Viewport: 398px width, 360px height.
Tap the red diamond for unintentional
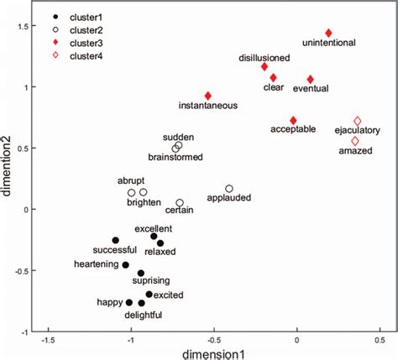(329, 33)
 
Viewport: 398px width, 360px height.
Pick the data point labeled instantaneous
(208, 96)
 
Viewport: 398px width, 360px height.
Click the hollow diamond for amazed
(354, 141)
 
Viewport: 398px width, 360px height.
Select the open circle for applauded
(229, 189)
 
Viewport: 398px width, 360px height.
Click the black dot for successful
(116, 240)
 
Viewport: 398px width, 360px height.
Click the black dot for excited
(149, 295)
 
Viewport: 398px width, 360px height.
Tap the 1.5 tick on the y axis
(33, 26)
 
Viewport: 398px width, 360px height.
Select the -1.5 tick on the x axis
(49, 339)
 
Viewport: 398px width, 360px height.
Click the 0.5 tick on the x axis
(380, 339)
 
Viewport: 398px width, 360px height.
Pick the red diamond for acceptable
(293, 121)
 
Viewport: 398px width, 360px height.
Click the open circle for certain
(180, 203)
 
